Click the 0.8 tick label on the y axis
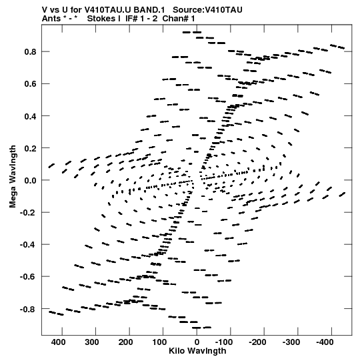(31, 52)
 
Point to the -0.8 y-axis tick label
(28, 309)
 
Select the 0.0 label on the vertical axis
(31, 180)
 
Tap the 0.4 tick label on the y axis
(31, 116)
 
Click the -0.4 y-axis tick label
(28, 245)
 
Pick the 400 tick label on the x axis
(58, 342)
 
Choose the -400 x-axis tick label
(325, 342)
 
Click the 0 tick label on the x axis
(197, 342)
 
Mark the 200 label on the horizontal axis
(125, 342)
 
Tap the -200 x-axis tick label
(257, 342)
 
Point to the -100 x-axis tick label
(224, 342)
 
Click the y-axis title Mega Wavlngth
(13, 177)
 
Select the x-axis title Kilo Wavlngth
(197, 351)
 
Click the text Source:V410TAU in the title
(207, 10)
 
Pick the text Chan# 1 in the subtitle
(179, 19)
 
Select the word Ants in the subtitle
(51, 19)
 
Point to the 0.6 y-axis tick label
(31, 84)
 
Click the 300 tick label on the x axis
(92, 342)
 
